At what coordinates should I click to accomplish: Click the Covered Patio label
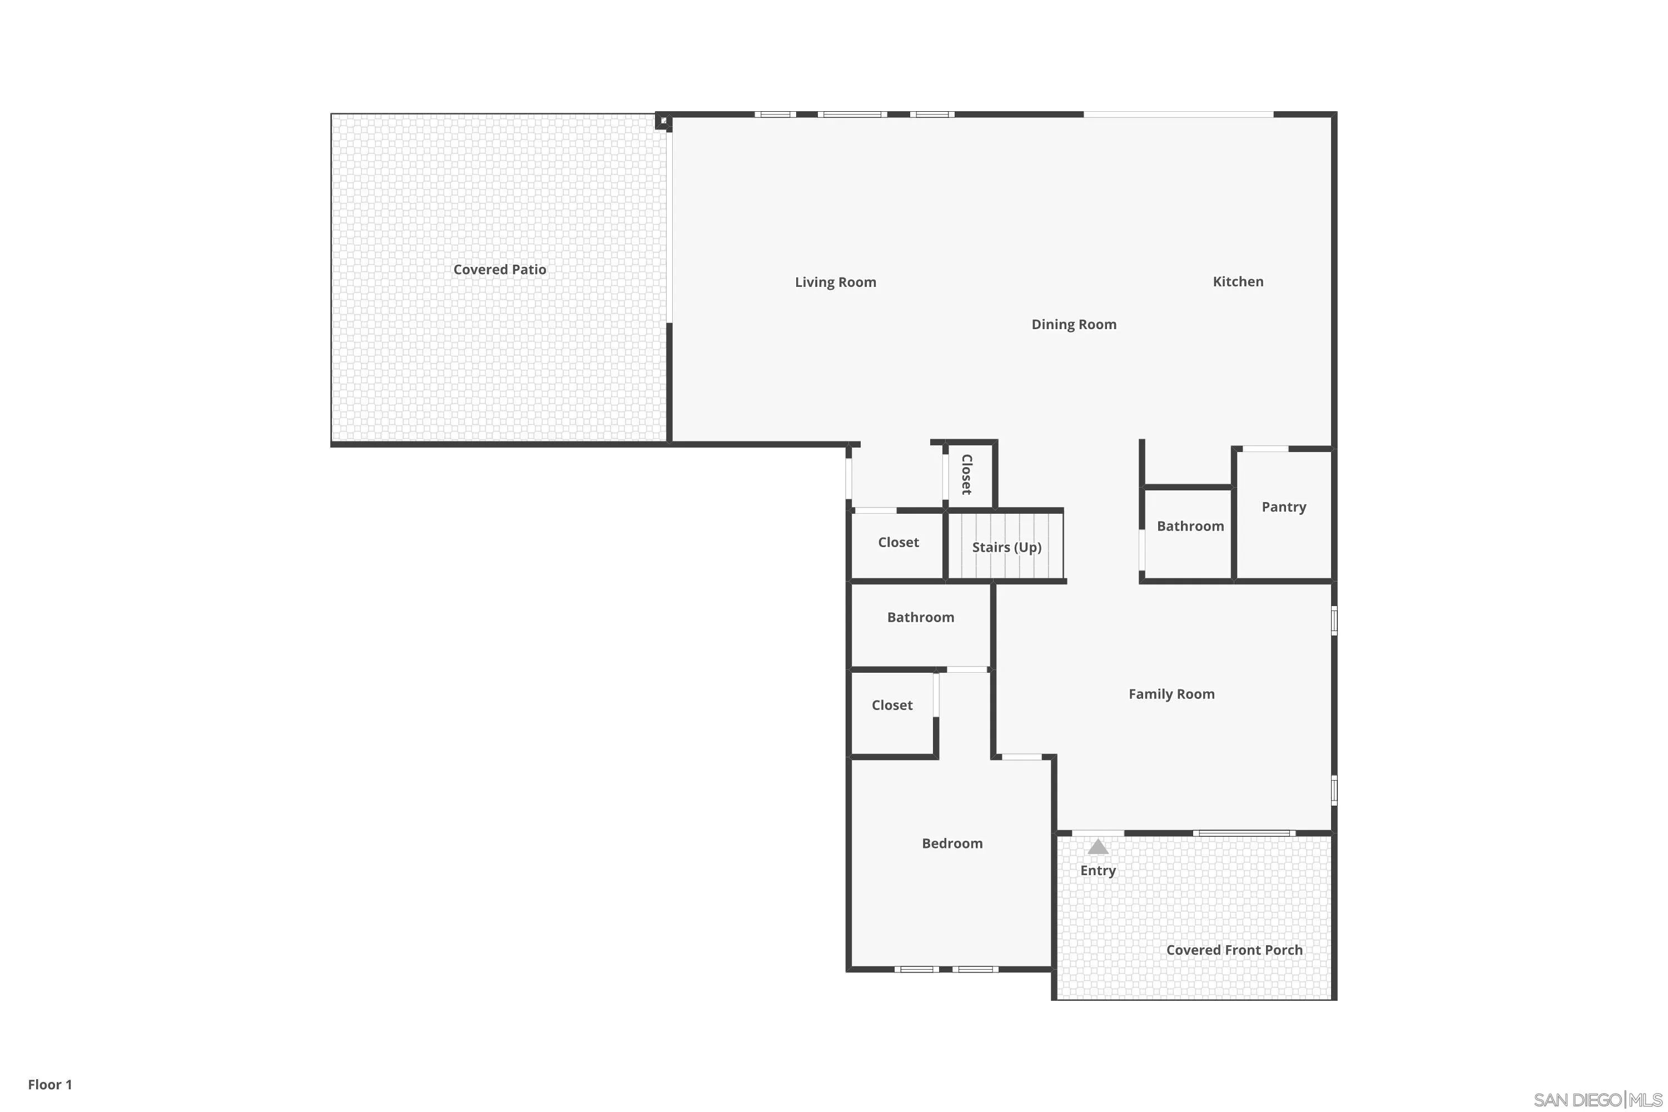(x=499, y=270)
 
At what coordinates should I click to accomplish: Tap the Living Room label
(x=836, y=282)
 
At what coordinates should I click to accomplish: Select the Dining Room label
(x=1074, y=325)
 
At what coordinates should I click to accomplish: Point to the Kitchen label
(x=1238, y=281)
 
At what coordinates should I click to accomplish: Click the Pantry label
(x=1284, y=507)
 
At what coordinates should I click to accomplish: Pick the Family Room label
(x=1171, y=694)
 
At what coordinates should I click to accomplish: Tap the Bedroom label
(x=952, y=843)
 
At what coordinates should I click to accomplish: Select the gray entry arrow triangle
(x=1098, y=847)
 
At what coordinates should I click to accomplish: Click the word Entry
(x=1098, y=871)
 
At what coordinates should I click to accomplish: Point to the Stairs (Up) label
(x=1006, y=548)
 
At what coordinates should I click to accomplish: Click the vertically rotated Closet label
(x=966, y=474)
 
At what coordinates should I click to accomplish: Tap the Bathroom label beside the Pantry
(x=1190, y=526)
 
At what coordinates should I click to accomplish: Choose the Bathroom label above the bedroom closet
(x=921, y=618)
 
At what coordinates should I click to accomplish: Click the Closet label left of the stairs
(x=898, y=543)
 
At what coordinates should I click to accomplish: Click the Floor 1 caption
(x=49, y=1084)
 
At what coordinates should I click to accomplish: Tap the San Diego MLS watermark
(x=1598, y=1100)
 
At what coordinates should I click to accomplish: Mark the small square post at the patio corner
(x=663, y=122)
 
